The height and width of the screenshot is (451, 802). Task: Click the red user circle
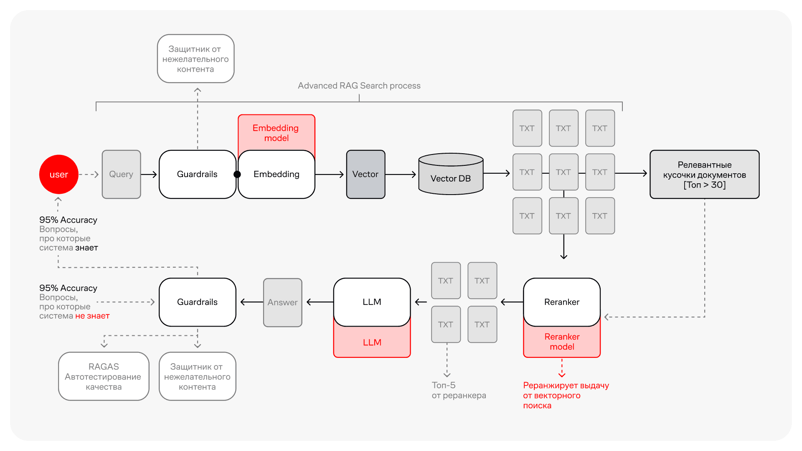point(59,175)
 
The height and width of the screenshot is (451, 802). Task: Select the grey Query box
point(121,175)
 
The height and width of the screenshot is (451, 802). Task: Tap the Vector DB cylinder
point(451,174)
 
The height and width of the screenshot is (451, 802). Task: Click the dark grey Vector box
point(365,175)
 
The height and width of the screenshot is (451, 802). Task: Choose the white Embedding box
point(277,175)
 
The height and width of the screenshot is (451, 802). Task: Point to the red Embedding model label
point(276,133)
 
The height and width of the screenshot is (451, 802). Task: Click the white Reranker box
point(562,302)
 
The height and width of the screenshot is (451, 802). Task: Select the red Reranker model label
point(562,342)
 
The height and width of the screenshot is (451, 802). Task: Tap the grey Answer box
point(283,302)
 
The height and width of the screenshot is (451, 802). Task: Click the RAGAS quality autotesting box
point(104,376)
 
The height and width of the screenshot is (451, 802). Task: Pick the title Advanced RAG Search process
point(359,86)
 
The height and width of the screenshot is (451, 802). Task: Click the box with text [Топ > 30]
point(704,175)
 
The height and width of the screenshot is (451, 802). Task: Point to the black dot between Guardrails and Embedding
point(237,175)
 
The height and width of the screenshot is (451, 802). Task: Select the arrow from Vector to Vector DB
point(401,175)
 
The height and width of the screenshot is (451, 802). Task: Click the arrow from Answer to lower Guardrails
point(252,302)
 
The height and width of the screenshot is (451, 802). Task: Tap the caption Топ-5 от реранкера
point(459,390)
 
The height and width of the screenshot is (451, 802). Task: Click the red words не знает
point(92,316)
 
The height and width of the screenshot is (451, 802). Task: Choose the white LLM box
point(372,302)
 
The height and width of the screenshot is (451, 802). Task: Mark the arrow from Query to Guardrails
point(149,175)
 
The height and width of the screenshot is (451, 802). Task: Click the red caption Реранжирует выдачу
point(566,385)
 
